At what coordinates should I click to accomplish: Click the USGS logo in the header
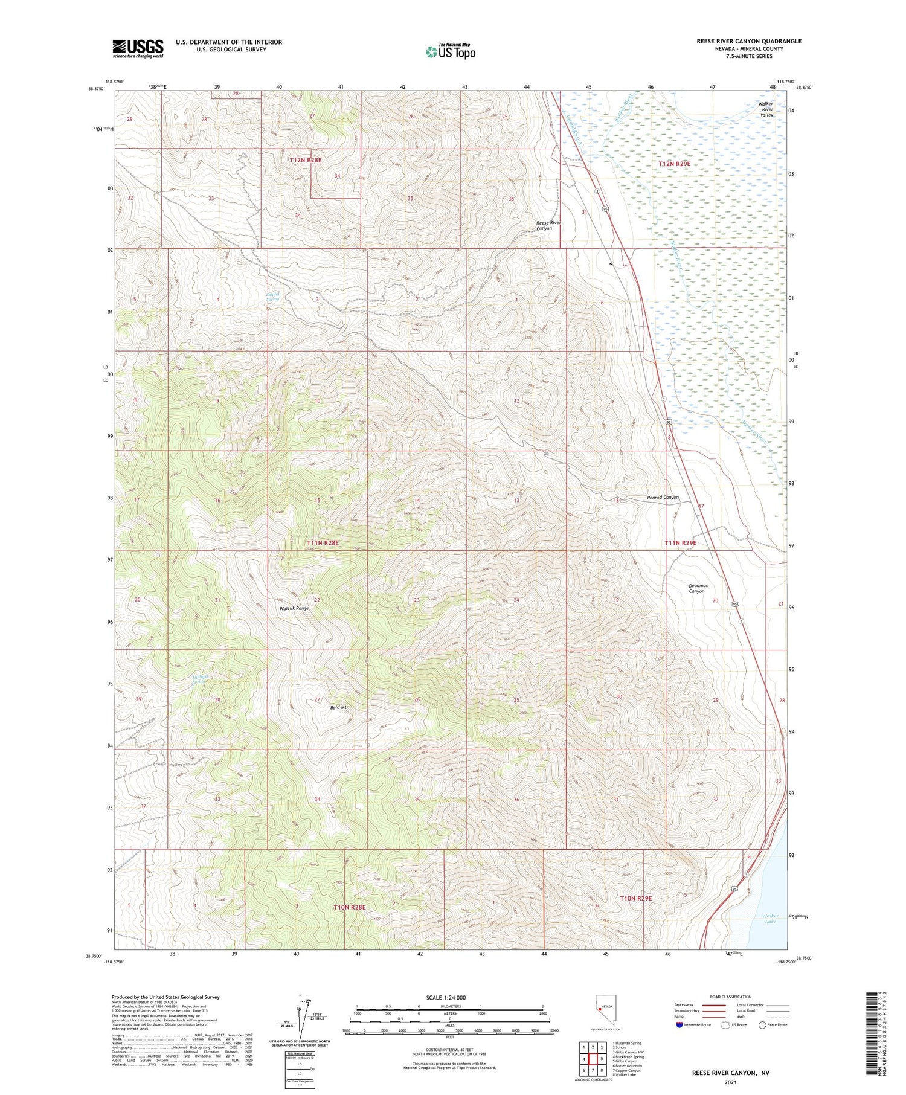point(138,48)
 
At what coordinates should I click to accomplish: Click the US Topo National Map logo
point(450,51)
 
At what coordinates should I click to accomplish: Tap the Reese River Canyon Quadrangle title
point(749,41)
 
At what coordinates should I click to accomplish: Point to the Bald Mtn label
point(339,707)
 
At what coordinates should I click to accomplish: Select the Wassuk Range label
point(294,608)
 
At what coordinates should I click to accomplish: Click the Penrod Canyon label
point(663,498)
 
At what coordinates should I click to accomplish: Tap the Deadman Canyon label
point(698,588)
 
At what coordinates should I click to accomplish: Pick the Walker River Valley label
point(766,109)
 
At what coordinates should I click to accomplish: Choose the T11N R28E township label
point(323,543)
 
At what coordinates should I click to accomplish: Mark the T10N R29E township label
point(636,898)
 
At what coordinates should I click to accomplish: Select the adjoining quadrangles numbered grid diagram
point(593,1058)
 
